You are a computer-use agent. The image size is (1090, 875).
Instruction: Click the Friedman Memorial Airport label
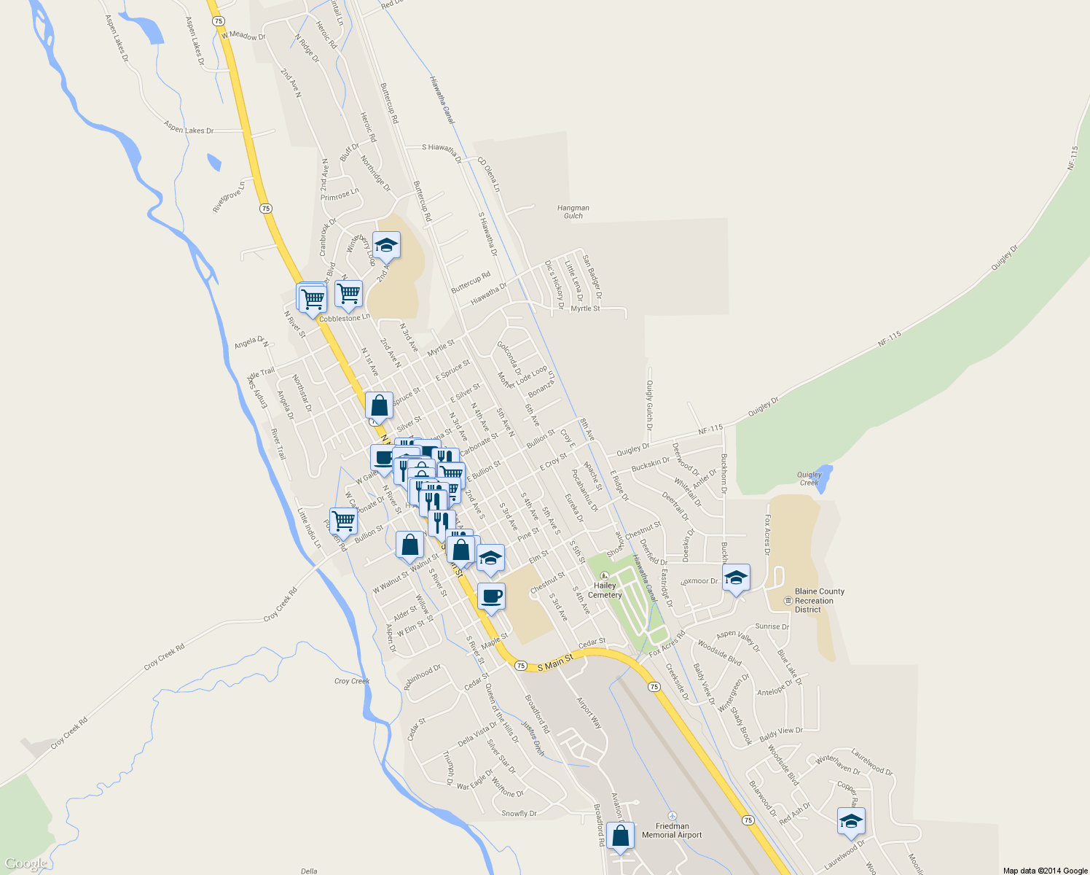coord(672,831)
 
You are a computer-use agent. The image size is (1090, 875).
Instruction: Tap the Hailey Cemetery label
coord(605,590)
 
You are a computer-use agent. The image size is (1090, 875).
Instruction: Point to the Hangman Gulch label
coord(573,211)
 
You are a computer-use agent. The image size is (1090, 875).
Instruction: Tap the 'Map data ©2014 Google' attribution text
coord(1045,871)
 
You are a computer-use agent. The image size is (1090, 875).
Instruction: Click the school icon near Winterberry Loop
coord(386,246)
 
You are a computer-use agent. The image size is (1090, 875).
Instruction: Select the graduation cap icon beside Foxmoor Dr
coord(736,578)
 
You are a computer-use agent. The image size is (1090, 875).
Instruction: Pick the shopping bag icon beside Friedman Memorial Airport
coord(620,836)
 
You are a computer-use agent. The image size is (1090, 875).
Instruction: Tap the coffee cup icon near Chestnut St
coord(491,596)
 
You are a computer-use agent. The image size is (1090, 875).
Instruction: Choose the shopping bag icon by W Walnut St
coord(410,545)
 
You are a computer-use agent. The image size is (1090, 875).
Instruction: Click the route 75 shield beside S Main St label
coord(520,666)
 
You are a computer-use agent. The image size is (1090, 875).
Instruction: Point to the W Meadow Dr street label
coord(243,36)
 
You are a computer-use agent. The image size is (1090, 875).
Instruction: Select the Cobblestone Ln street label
coord(345,319)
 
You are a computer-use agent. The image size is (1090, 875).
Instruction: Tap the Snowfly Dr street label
coord(519,813)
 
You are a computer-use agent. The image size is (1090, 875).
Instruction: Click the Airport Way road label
coord(589,712)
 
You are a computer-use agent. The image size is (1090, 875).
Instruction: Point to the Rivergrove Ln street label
coord(228,197)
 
